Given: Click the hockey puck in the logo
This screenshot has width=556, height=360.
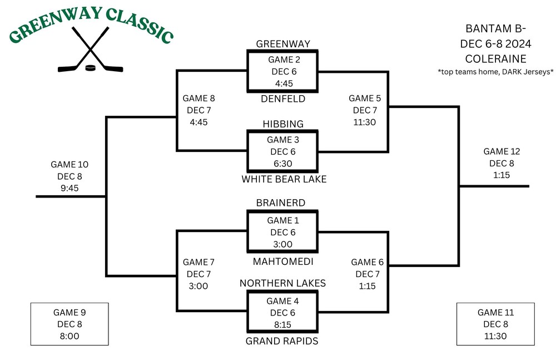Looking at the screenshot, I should click(90, 68).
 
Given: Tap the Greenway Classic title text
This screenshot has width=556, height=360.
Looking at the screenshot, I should click(91, 26).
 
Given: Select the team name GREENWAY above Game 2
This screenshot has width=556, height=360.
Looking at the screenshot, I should click(282, 43).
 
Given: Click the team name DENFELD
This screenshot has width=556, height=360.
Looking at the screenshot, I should click(282, 99).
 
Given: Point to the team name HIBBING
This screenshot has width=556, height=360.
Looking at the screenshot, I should click(282, 124).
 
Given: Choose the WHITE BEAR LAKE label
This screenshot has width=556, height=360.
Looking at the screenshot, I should click(284, 179).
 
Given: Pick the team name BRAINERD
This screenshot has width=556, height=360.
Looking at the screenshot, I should click(281, 203).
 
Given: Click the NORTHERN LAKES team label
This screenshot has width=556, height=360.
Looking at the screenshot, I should click(282, 283).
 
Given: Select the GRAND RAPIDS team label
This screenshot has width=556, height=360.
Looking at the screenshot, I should click(282, 341).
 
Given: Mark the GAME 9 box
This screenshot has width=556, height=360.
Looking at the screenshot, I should click(69, 324).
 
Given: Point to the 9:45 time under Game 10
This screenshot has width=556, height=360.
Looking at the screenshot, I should click(69, 188).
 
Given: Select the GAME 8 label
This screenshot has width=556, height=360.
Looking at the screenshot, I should click(198, 98).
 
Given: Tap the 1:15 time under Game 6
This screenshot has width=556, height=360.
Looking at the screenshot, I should click(368, 285).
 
